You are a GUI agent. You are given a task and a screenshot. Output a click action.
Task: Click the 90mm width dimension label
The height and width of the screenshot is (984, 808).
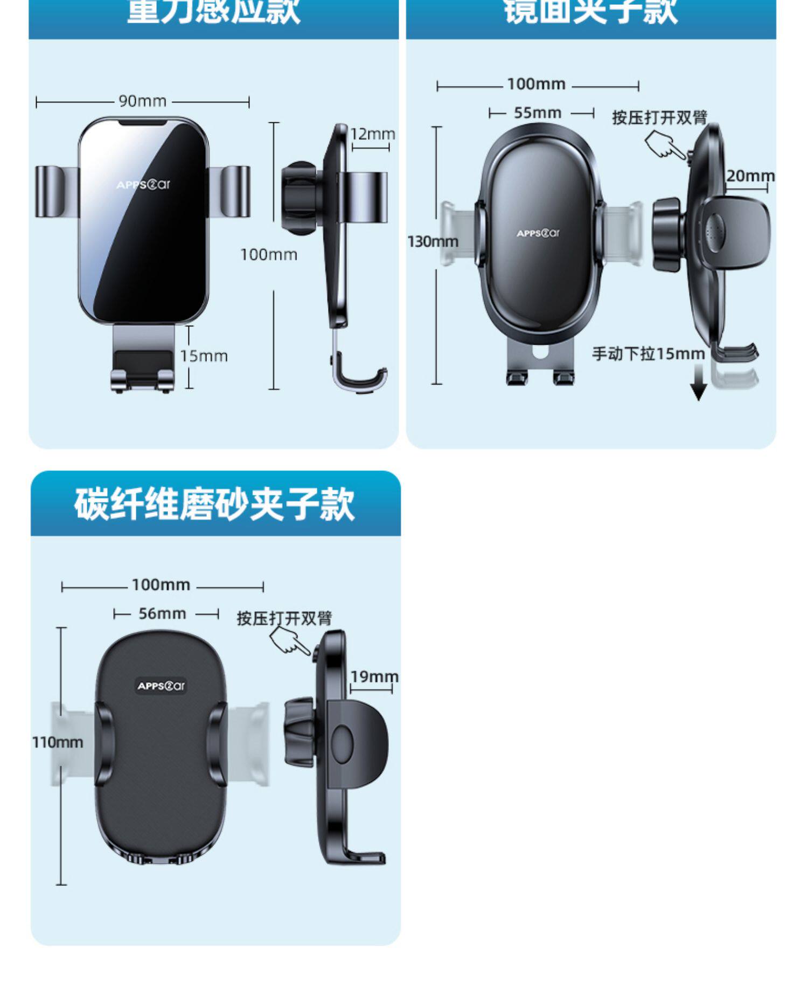pos(142,101)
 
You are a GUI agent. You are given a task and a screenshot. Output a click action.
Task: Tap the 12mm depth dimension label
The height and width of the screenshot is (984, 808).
pos(373,134)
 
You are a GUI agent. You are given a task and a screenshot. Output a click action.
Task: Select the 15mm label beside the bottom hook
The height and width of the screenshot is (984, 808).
pos(204,356)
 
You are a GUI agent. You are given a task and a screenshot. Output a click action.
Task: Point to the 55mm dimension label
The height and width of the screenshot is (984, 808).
pos(537,113)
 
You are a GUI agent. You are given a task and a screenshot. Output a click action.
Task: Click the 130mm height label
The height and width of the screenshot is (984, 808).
pos(433,241)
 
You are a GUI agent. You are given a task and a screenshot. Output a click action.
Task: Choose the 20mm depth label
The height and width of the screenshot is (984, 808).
pos(750,176)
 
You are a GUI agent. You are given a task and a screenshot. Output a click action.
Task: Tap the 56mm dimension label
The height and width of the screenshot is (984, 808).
pos(162,613)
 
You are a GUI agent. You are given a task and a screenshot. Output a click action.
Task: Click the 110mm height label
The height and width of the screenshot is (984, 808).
pos(58,742)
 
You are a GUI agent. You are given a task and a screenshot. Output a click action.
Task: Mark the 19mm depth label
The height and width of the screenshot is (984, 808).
pos(374,676)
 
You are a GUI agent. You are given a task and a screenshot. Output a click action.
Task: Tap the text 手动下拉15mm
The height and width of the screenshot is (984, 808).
pos(648,354)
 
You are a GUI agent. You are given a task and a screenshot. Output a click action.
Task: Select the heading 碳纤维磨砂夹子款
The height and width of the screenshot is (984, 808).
pos(214,504)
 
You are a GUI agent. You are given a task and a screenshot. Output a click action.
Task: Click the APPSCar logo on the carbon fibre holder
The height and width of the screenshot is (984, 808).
pos(161,686)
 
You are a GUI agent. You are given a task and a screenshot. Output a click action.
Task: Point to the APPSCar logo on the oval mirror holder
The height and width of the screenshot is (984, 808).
pos(538,233)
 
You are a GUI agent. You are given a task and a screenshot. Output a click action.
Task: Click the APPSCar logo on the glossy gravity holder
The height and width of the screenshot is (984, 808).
pos(143,185)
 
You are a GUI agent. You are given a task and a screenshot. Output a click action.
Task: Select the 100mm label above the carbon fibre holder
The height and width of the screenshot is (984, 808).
pos(161,585)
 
